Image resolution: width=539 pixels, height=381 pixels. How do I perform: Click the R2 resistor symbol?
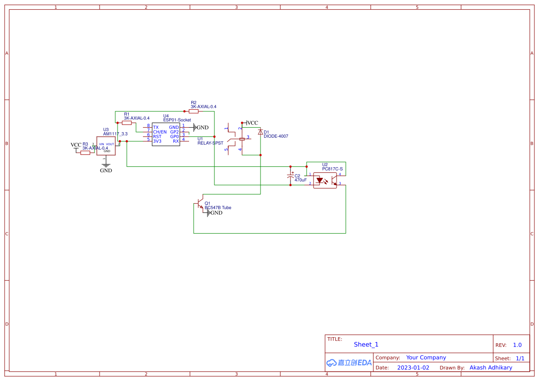194,111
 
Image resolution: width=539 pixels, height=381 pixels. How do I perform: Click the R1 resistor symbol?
127,123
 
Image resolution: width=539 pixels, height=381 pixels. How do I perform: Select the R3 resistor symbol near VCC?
85,152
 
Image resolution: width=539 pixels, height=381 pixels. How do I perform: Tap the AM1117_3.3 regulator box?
106,146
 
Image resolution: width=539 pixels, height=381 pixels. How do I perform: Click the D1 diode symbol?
261,132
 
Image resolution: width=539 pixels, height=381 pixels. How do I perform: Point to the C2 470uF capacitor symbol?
290,177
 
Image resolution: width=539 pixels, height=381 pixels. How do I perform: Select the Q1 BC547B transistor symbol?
200,203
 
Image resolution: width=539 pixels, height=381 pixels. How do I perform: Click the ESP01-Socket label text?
177,120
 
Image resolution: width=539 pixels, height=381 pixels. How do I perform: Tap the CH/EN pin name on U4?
160,132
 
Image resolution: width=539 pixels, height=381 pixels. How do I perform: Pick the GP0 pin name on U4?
174,136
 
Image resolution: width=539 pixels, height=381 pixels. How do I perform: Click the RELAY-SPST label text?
210,143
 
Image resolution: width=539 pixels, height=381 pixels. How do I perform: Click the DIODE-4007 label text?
276,136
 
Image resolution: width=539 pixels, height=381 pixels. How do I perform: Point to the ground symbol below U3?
106,165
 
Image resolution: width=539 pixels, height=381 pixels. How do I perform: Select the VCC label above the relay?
252,123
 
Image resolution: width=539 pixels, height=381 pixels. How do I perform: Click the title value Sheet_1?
366,345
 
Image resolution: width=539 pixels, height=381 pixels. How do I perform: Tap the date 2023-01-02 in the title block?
413,368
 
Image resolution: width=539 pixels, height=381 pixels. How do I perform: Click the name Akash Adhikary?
491,368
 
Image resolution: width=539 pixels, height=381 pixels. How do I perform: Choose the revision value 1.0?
517,345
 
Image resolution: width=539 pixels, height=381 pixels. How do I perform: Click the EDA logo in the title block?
349,363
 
